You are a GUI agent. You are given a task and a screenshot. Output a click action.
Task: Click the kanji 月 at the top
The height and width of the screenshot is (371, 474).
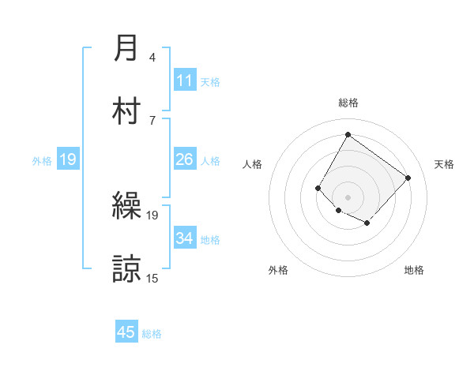pos(126,49)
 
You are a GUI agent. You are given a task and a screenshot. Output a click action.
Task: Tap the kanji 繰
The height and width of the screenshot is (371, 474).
pos(126,207)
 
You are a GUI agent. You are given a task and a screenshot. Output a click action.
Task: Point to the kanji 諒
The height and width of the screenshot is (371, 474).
pos(126,268)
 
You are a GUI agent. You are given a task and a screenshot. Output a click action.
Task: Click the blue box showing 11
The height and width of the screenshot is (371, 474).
pos(185,81)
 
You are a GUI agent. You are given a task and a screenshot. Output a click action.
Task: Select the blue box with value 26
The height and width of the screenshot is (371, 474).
pos(185,160)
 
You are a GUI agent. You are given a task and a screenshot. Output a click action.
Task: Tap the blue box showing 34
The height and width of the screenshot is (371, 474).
pos(185,238)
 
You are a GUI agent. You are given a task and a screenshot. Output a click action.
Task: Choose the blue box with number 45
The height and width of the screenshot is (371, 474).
pos(126,332)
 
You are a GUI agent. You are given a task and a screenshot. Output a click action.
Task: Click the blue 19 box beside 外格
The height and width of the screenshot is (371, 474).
pos(68,160)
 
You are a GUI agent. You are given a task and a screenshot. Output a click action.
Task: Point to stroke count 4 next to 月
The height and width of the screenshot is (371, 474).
pos(152,58)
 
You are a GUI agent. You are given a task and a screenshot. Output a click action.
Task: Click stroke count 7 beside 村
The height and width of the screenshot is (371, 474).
pos(152,120)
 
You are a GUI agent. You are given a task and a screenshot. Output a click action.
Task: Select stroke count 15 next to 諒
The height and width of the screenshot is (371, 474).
pos(152,278)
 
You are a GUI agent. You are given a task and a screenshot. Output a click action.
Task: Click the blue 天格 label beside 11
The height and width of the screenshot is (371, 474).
pos(210,82)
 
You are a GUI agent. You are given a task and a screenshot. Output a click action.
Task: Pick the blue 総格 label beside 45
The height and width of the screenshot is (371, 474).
pos(152,334)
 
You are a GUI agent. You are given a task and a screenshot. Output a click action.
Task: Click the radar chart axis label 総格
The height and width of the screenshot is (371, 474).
pos(348,103)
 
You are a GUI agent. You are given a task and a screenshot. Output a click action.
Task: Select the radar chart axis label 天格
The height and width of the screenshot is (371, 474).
pos(444,164)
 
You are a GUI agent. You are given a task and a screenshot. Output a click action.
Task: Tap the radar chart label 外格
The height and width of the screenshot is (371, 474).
pos(278,270)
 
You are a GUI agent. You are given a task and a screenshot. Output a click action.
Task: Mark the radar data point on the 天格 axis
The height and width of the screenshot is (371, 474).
pos(408,178)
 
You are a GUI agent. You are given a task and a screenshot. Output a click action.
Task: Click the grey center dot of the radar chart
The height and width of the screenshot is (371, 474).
pos(348,197)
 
